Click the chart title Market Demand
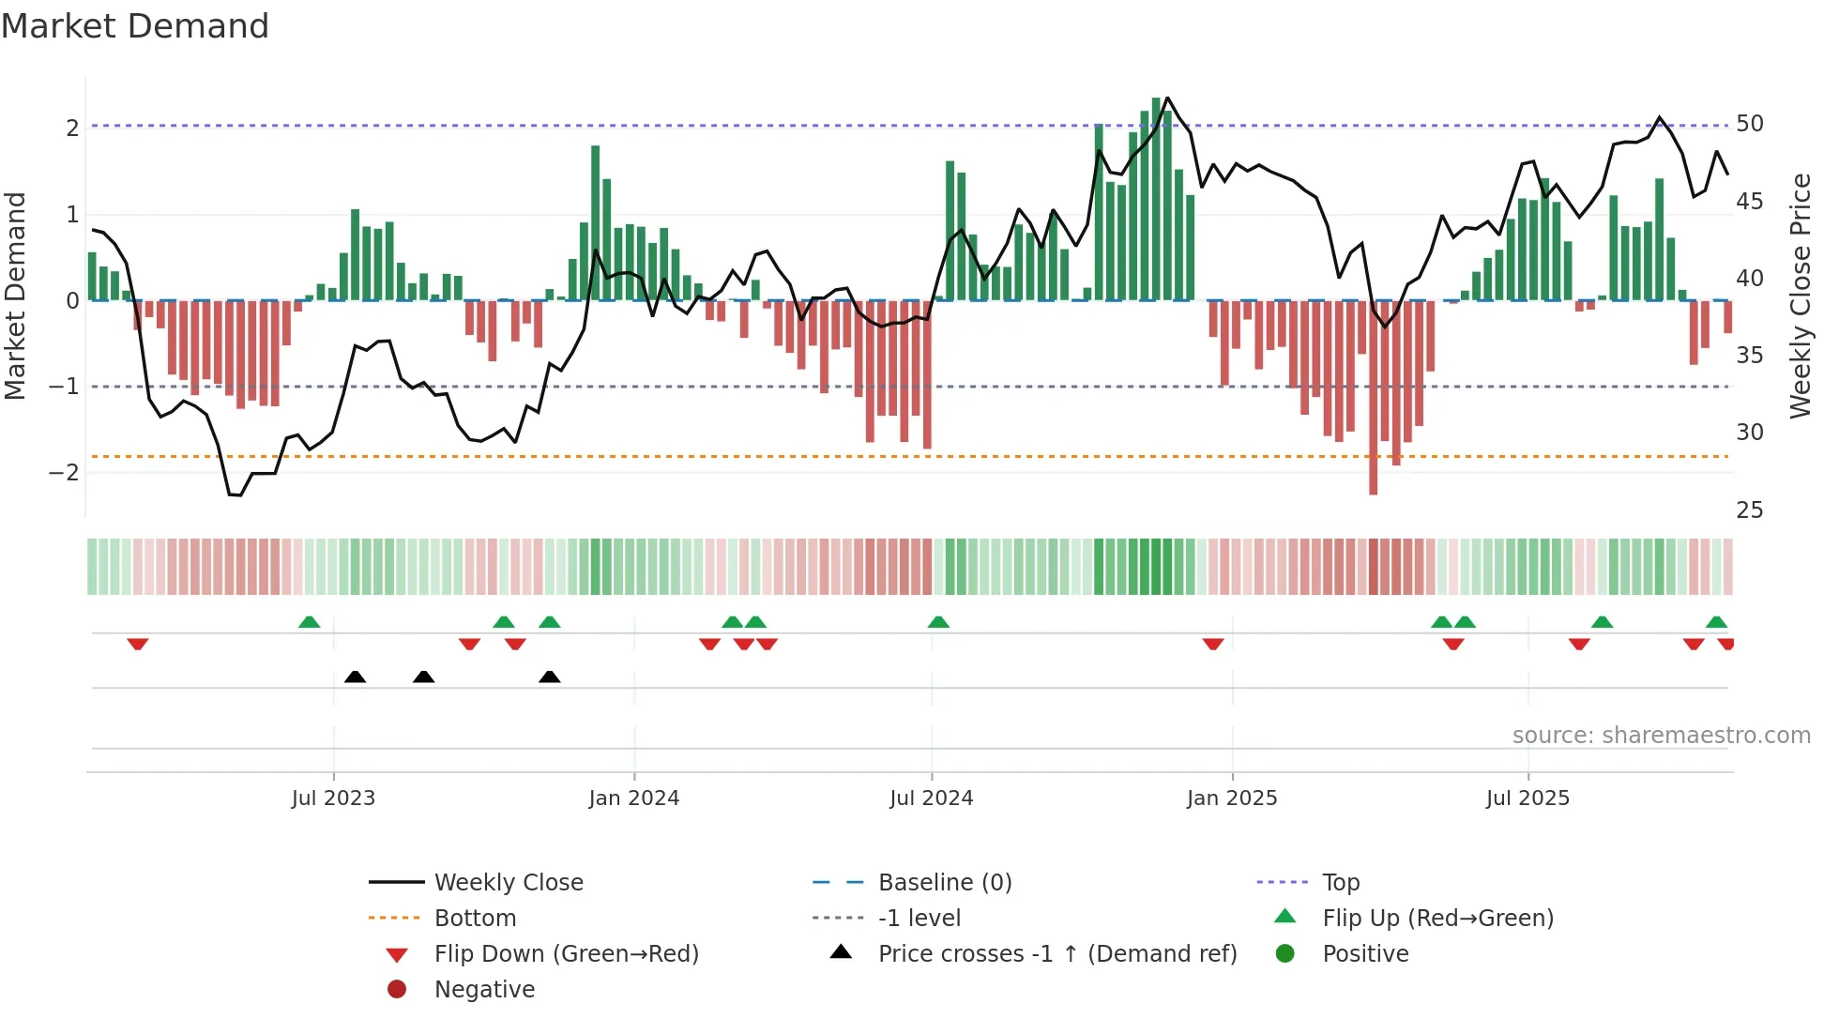(x=135, y=26)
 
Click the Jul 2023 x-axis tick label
(x=333, y=798)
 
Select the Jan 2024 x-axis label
(x=633, y=798)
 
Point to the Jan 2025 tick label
(x=1231, y=798)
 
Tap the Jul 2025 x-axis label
(x=1527, y=798)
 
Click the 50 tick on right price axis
(x=1749, y=124)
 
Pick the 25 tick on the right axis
(x=1749, y=510)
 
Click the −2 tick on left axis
(x=64, y=472)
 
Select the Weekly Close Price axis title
(x=1800, y=296)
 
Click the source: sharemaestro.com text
(x=1661, y=736)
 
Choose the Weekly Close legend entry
(x=508, y=883)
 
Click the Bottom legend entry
(x=475, y=919)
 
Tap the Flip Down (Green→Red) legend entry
(x=566, y=954)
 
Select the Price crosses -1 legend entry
(x=1056, y=954)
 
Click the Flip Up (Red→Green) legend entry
(x=1437, y=919)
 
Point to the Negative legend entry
(x=484, y=990)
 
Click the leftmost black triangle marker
(x=355, y=677)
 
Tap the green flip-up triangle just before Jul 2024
(x=938, y=622)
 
